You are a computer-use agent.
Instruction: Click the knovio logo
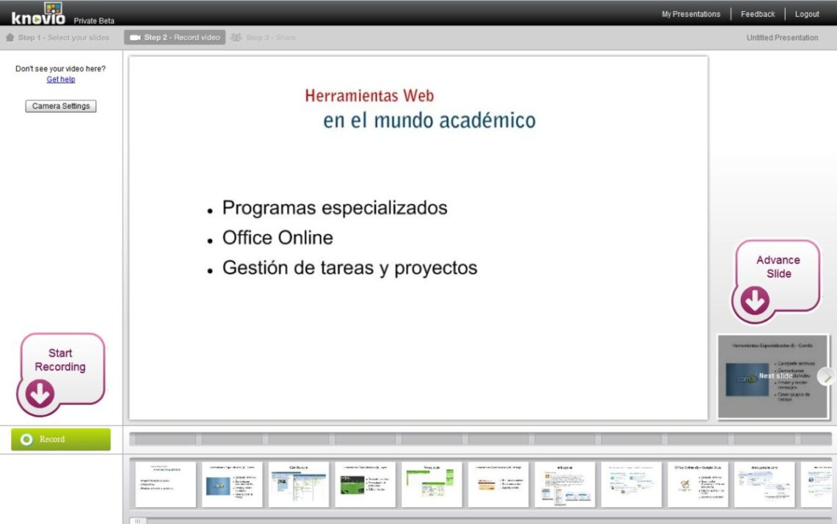click(38, 13)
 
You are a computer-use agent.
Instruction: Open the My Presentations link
click(691, 14)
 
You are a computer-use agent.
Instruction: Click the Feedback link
click(758, 14)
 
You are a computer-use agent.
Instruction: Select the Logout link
click(807, 14)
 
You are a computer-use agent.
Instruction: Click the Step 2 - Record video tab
click(175, 37)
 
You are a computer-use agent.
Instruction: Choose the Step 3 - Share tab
click(264, 37)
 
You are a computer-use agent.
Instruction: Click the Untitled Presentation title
click(782, 37)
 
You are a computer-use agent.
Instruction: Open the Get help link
click(61, 79)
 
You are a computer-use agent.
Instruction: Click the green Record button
click(61, 439)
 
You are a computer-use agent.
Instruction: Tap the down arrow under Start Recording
click(40, 394)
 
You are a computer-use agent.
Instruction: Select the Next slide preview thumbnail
click(772, 376)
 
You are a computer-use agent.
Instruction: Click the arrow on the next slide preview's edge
click(827, 376)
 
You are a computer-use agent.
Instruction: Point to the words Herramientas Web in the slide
click(369, 95)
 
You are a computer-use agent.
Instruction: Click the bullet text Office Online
click(278, 238)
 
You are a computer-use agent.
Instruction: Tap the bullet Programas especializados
click(335, 208)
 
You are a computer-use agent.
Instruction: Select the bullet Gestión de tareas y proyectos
click(349, 268)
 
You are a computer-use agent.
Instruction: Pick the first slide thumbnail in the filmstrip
click(165, 484)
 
